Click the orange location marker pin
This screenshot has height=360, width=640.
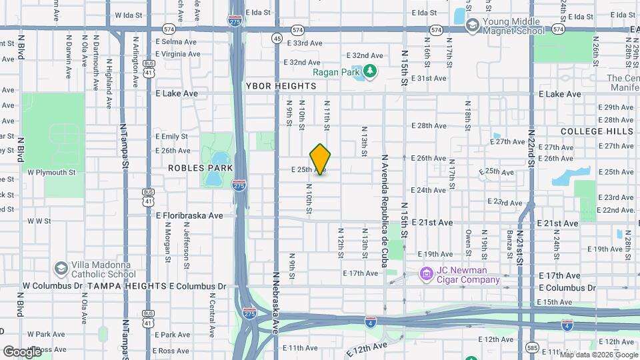(321, 159)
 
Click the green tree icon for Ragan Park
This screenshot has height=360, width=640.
(371, 71)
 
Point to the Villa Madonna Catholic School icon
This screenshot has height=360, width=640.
(61, 268)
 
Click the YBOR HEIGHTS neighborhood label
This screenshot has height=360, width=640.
(281, 86)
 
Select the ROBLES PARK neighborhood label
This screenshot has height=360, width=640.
(194, 168)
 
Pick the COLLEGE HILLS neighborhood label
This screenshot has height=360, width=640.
(597, 131)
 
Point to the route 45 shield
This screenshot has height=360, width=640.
(276, 39)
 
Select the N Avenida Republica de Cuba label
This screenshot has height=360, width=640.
(385, 211)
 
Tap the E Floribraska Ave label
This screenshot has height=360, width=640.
(189, 215)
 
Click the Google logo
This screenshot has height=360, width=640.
(23, 351)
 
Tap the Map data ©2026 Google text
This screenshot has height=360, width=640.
(598, 355)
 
